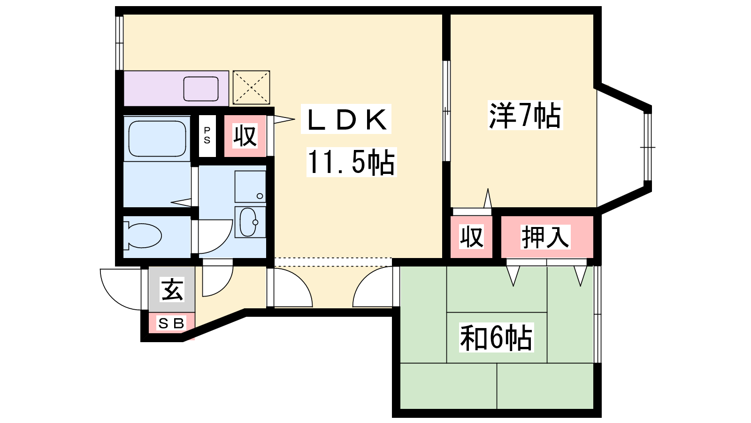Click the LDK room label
347,119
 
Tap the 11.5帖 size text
351,162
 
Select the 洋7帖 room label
525,115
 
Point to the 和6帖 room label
496,337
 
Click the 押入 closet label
545,237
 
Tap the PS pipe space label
207,135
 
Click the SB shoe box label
171,323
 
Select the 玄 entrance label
172,289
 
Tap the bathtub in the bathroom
157,138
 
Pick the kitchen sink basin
201,88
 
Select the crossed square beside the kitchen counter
251,87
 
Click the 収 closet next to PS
245,136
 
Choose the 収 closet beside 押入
471,237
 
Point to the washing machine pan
250,186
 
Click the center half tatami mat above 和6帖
497,289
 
